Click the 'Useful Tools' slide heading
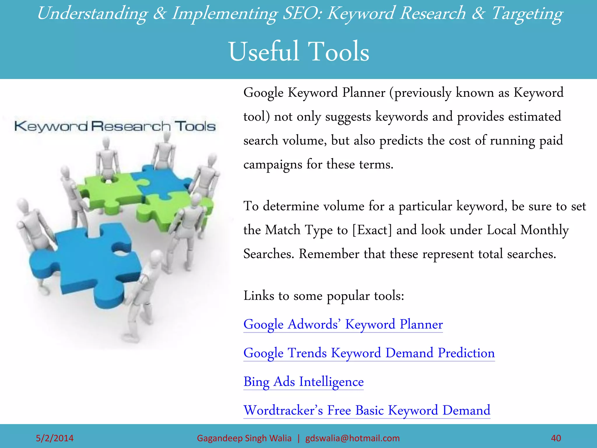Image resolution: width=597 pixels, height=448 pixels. click(299, 52)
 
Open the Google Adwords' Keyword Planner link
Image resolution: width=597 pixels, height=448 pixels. click(343, 324)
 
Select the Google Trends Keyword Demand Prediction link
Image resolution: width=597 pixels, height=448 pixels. click(369, 353)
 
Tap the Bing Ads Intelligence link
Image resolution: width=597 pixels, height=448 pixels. click(303, 381)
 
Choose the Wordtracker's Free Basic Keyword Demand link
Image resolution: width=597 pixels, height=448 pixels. click(367, 410)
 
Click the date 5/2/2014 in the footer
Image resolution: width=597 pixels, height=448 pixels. click(55, 438)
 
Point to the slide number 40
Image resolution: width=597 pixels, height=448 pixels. click(556, 438)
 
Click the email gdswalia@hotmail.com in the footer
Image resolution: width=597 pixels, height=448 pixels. click(352, 438)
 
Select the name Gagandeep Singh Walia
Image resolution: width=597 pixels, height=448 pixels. click(244, 438)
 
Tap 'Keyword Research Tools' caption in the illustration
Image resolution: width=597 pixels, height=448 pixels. click(115, 126)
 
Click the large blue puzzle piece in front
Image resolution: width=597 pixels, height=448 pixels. click(87, 262)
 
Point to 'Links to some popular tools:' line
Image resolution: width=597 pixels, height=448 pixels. click(324, 296)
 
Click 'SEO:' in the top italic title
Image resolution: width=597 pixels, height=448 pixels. click(302, 13)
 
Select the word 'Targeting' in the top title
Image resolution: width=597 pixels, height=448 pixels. click(527, 14)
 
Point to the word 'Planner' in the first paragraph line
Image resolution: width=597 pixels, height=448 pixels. click(364, 93)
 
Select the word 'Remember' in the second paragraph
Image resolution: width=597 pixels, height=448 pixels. click(329, 254)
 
